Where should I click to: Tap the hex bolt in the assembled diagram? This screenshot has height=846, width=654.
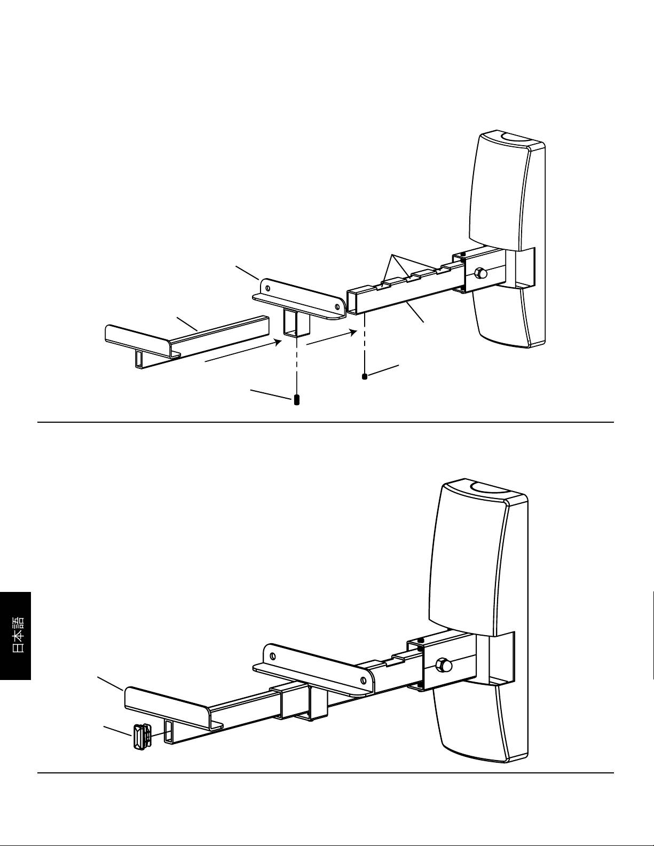click(x=444, y=665)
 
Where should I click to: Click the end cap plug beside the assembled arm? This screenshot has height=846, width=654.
click(x=140, y=737)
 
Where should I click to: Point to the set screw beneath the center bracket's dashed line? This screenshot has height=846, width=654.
click(x=297, y=400)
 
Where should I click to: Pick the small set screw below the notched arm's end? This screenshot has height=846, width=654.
click(x=365, y=376)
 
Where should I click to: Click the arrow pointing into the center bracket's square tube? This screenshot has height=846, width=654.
click(x=243, y=351)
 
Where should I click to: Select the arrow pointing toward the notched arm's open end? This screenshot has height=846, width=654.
click(x=331, y=338)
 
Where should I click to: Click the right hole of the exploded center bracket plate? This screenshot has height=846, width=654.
click(x=336, y=307)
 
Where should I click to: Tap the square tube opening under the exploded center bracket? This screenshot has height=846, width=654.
click(x=291, y=324)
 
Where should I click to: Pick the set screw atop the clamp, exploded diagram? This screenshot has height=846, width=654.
click(x=462, y=254)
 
